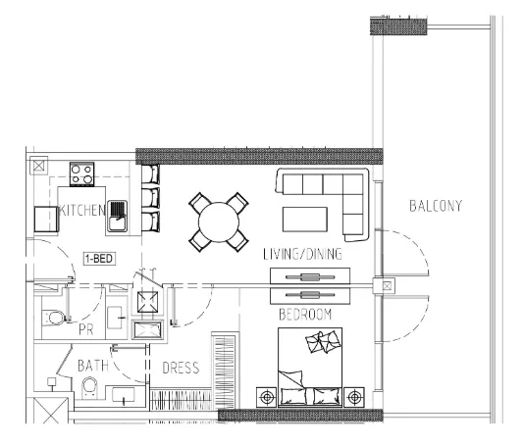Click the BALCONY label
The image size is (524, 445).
click(x=436, y=206)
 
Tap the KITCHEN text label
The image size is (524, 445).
click(x=82, y=211)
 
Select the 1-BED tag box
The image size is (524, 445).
click(x=99, y=259)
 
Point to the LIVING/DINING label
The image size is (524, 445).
click(x=303, y=254)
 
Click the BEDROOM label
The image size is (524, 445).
click(x=305, y=315)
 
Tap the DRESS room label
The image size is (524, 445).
click(x=181, y=368)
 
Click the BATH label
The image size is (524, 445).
click(x=93, y=366)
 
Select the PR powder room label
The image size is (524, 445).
click(x=86, y=329)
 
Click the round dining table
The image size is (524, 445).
click(x=219, y=222)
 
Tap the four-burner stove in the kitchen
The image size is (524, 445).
click(x=81, y=174)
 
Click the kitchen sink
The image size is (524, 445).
click(x=117, y=216)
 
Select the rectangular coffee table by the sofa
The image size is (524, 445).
click(x=305, y=220)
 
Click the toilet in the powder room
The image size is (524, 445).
click(x=53, y=318)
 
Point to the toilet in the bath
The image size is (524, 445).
click(x=89, y=387)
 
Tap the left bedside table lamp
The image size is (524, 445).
click(x=266, y=397)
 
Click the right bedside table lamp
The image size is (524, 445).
click(x=354, y=397)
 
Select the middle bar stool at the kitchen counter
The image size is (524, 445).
click(x=150, y=198)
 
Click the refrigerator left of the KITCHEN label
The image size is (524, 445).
click(x=46, y=219)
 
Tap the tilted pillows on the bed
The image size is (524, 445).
click(x=323, y=342)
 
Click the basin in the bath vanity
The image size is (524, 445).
click(x=124, y=396)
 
